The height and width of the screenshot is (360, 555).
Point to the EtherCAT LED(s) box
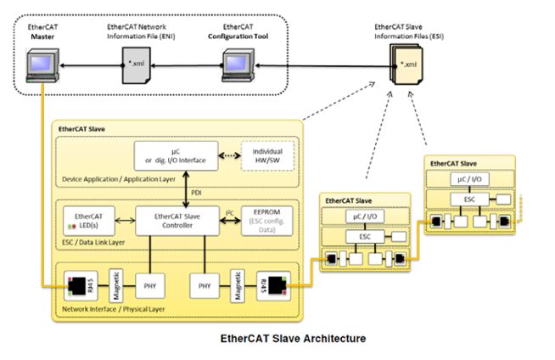89,222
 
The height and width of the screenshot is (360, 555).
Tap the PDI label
193,192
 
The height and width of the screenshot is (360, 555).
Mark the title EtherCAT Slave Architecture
294,338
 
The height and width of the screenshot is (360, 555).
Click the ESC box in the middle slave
363,237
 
